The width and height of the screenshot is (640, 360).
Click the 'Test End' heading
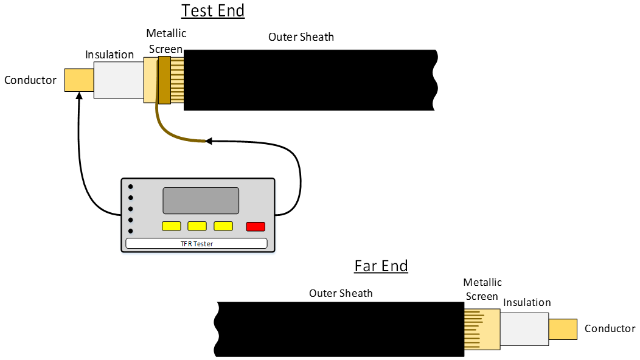213,11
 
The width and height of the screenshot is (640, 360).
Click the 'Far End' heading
381,266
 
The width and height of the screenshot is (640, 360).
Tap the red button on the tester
256,227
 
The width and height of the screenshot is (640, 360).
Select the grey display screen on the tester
200,200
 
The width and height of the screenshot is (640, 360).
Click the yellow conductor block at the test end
79,80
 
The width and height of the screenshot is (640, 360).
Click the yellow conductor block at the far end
562,329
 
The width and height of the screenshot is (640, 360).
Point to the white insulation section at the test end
118,80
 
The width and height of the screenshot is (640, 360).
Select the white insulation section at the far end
524,329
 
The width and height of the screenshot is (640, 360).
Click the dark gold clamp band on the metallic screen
164,79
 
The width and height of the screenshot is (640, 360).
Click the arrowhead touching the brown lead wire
209,142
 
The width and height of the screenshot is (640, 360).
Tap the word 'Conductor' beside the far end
610,329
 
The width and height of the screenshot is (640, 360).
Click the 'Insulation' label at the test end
110,55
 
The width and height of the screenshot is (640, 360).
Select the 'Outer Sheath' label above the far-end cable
341,293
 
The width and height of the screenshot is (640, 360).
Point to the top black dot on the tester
130,187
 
